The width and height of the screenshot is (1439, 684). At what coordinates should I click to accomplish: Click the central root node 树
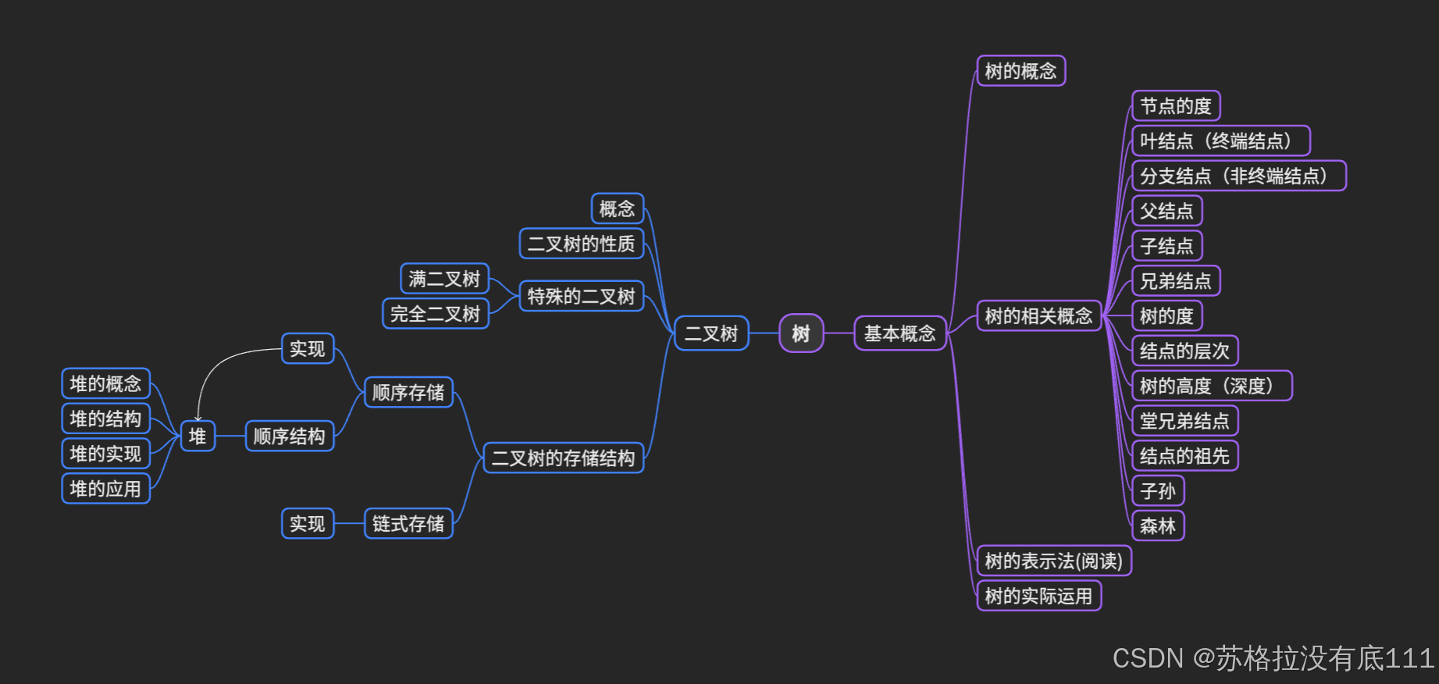801,333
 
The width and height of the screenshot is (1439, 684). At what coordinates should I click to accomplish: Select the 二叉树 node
711,333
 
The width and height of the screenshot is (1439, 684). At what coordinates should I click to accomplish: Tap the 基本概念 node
899,333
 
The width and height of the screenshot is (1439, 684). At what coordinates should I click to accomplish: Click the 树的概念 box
1020,71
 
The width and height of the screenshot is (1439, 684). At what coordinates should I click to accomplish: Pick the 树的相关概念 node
1038,316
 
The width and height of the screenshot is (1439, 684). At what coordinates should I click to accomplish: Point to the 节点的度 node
1175,106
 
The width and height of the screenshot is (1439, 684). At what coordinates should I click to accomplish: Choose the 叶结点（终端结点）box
1220,141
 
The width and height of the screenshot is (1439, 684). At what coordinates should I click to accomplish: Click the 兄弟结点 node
1175,281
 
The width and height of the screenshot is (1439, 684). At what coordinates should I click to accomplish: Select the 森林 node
1158,526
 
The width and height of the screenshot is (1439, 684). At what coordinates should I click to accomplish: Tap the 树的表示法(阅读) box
1053,561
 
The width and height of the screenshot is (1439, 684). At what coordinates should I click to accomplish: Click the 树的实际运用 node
1038,597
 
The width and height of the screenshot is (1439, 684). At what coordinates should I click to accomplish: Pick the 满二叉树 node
444,279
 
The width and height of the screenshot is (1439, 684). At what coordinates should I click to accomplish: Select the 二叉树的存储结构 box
563,458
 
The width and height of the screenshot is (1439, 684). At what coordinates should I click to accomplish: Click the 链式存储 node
408,523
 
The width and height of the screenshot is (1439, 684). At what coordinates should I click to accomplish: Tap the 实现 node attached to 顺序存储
308,349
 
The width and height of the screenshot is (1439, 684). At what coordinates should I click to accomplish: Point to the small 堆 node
198,436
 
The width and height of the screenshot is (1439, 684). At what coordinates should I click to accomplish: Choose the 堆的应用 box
105,489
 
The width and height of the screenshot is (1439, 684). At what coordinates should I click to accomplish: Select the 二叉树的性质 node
581,244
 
